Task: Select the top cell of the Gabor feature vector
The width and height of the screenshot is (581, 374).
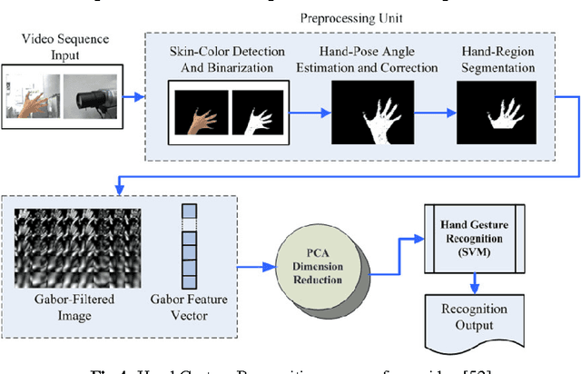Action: (x=188, y=212)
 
